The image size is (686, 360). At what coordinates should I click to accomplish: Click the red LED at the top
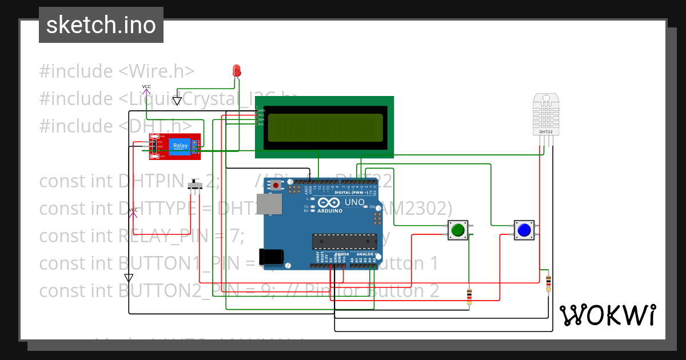tap(237, 71)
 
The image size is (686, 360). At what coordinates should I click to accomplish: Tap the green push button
tap(457, 230)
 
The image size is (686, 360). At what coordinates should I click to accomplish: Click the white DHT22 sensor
tap(546, 115)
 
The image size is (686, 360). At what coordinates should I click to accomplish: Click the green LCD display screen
tap(325, 127)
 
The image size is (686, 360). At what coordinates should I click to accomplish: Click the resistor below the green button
tap(469, 296)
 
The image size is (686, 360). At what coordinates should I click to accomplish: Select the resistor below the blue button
tap(548, 282)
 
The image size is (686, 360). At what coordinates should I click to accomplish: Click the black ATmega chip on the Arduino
tap(344, 242)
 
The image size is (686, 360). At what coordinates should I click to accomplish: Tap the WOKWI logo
tap(608, 315)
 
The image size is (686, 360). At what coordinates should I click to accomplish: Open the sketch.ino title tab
tap(101, 25)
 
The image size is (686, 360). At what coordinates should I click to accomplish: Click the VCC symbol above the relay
tap(146, 89)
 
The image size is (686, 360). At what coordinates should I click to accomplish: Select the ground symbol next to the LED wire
tap(177, 101)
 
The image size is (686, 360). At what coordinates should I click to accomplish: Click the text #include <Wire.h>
tap(117, 71)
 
